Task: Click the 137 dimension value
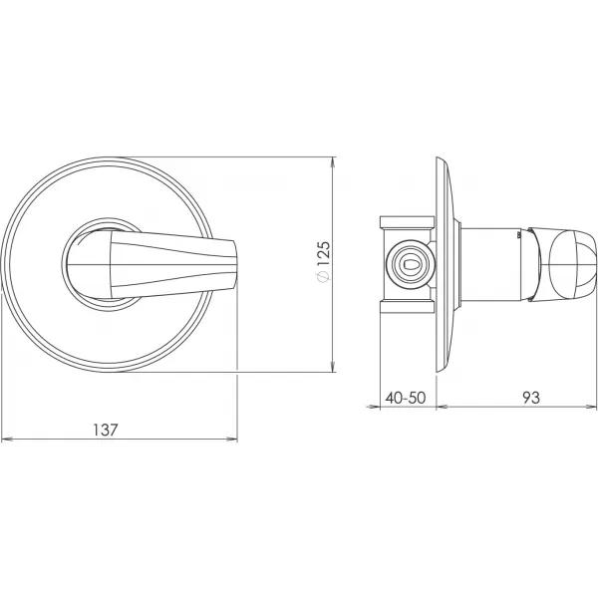(x=106, y=430)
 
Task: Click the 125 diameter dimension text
(x=322, y=254)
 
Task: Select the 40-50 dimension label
(x=405, y=398)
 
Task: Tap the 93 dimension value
(x=531, y=398)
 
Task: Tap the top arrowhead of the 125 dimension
(x=333, y=161)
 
